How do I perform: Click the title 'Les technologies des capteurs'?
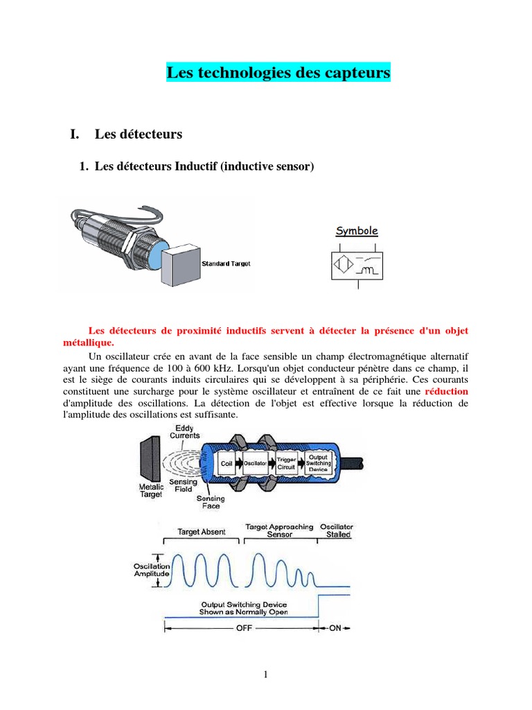click(x=278, y=72)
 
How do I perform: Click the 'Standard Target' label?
click(x=226, y=263)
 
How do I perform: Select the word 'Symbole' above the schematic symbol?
click(x=357, y=231)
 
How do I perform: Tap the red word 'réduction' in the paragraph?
click(x=446, y=391)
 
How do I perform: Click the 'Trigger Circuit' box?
click(x=286, y=463)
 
